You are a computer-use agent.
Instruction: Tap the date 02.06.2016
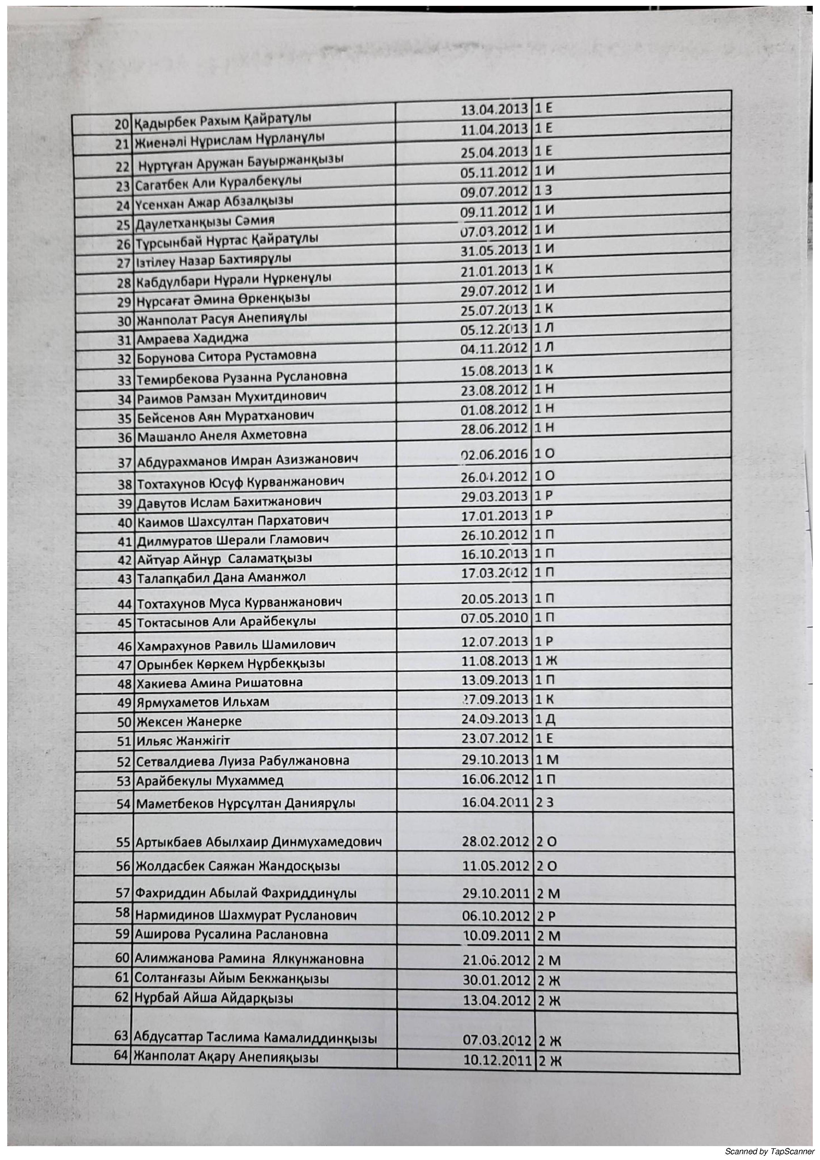pos(494,454)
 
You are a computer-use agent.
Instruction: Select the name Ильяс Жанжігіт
pos(183,741)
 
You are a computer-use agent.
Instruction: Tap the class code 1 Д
pos(544,718)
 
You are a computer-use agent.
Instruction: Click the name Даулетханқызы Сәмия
pos(205,221)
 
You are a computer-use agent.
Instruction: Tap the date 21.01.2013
pos(494,271)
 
